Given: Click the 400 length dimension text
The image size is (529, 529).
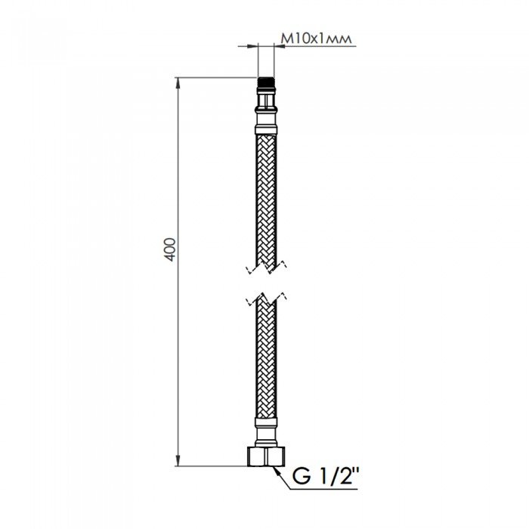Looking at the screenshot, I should click(170, 249).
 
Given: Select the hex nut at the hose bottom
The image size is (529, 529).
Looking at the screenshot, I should click(264, 456).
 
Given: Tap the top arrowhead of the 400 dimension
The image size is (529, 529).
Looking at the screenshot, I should click(178, 82).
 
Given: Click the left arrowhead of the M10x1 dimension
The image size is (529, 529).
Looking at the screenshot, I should click(253, 47).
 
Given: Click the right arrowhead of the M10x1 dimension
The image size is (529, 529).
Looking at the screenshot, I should click(277, 47).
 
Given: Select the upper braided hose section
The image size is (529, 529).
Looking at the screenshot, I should click(264, 200).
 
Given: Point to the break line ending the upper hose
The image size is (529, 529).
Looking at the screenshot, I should click(264, 266).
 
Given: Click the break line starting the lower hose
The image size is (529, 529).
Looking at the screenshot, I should click(264, 299).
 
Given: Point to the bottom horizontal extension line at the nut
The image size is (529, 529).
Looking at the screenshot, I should click(212, 465).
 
